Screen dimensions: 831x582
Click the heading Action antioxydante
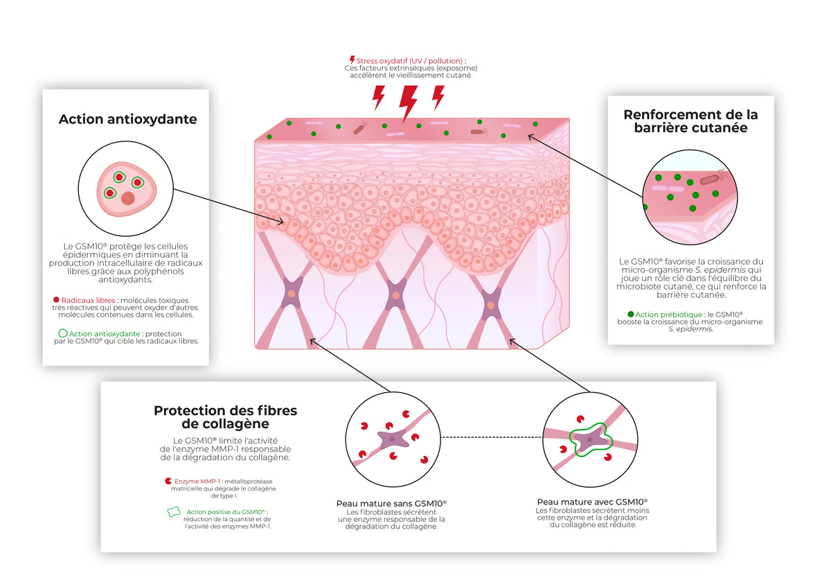(x=127, y=119)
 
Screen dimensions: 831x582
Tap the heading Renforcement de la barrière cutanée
(x=690, y=121)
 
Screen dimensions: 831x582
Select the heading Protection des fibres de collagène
(x=225, y=417)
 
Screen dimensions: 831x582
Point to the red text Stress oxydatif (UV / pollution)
(x=409, y=60)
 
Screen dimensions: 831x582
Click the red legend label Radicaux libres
(x=89, y=300)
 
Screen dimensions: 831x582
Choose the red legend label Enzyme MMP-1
(x=197, y=482)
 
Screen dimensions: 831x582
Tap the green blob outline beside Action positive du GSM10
(x=174, y=512)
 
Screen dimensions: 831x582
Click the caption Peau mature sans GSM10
(x=391, y=504)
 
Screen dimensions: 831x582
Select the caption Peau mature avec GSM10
(x=593, y=502)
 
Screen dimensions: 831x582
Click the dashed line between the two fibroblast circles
(x=492, y=437)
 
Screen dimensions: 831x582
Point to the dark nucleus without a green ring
(x=128, y=198)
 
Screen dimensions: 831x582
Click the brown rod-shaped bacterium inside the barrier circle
(x=710, y=180)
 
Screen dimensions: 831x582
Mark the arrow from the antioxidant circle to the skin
(x=229, y=206)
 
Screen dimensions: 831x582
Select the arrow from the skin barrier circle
(x=585, y=166)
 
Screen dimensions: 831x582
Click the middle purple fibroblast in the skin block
(x=396, y=295)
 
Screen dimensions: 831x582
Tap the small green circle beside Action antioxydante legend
(x=63, y=333)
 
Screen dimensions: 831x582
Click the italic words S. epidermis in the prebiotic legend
(x=690, y=329)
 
